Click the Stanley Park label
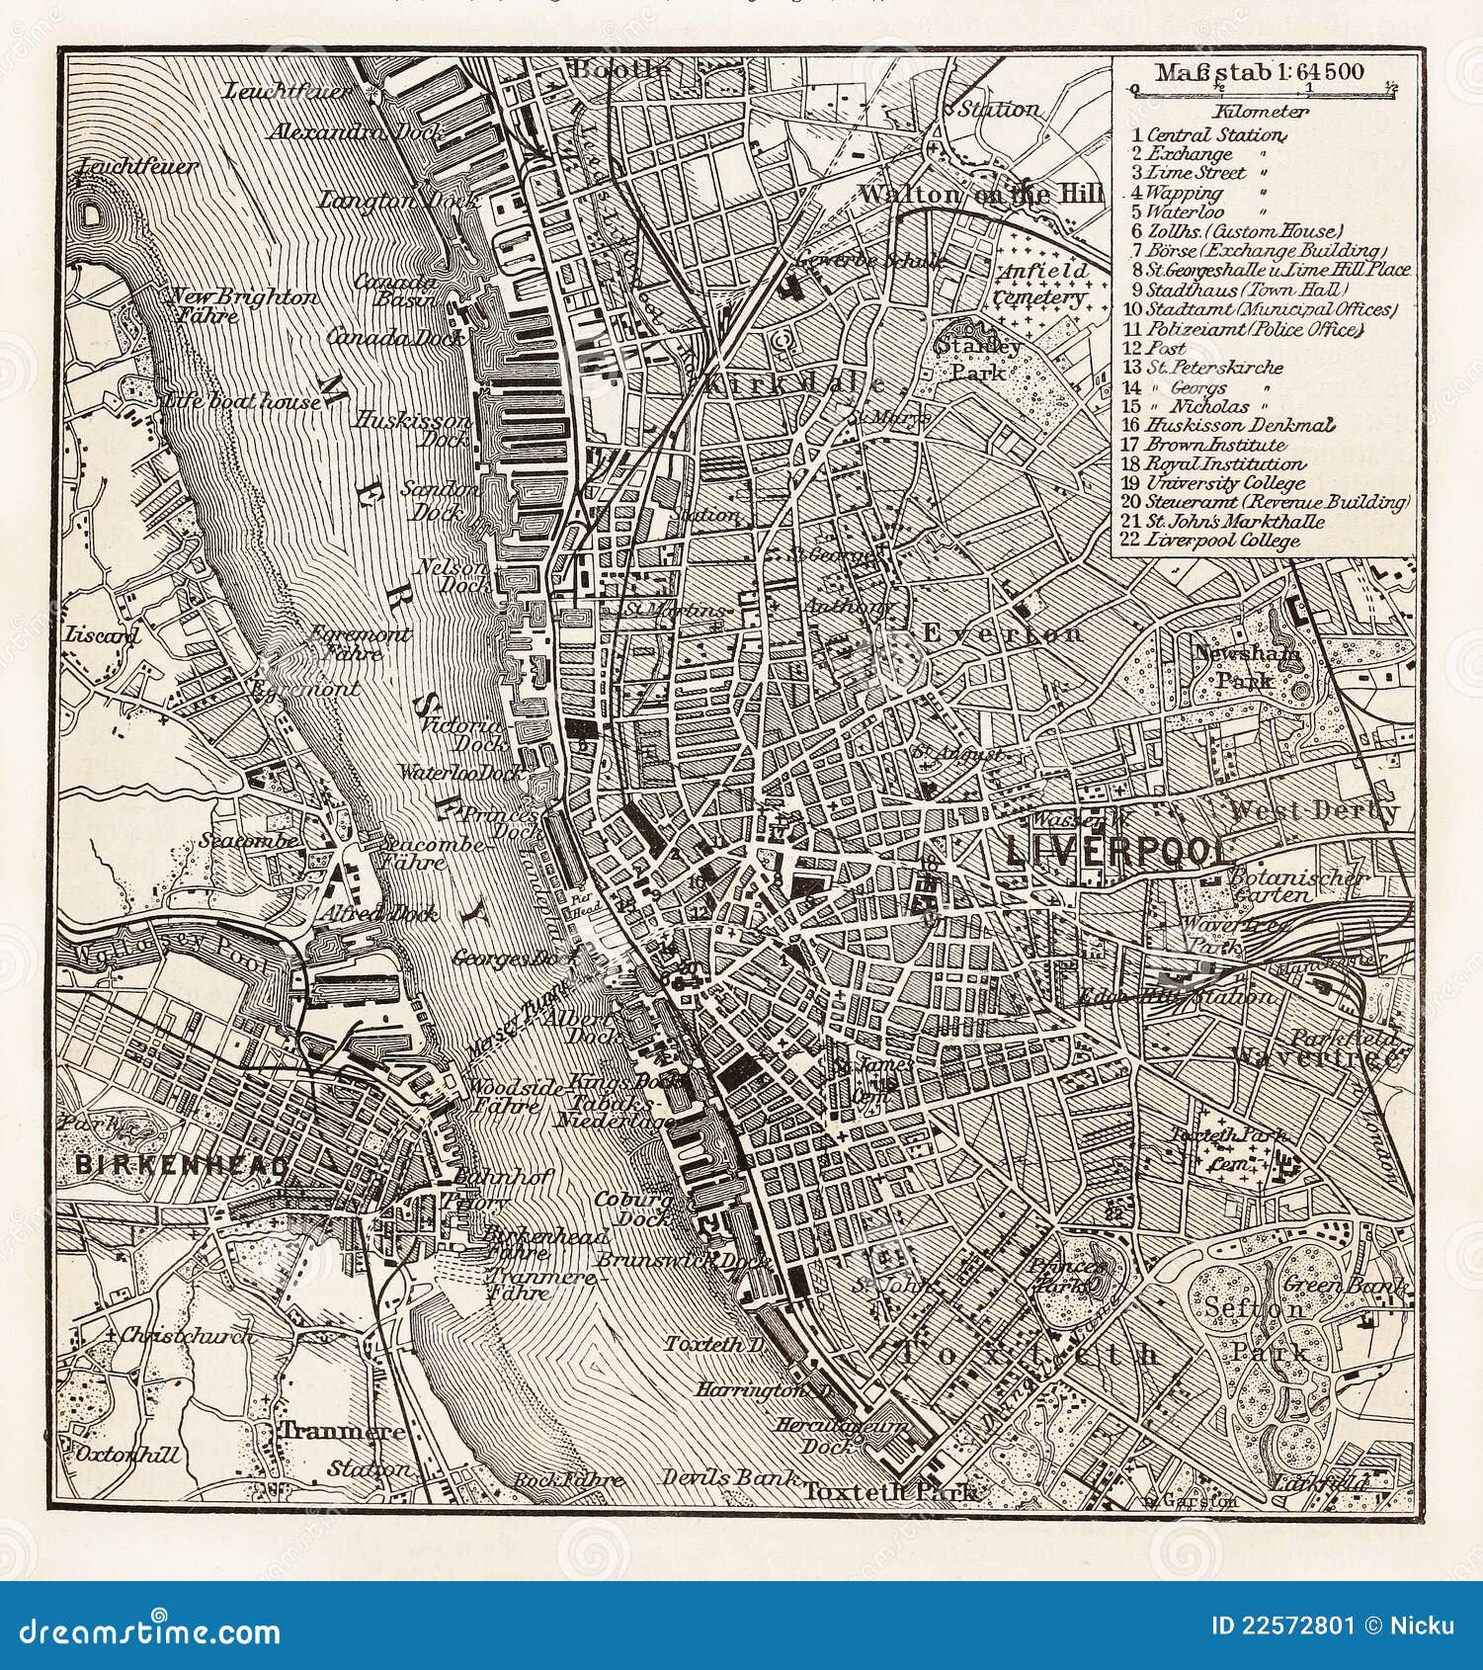pyautogui.click(x=978, y=359)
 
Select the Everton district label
pyautogui.click(x=1002, y=632)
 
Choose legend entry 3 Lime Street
pyautogui.click(x=1196, y=173)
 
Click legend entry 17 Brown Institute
pyautogui.click(x=1205, y=445)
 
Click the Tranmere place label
pyautogui.click(x=343, y=1431)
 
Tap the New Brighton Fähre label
pyautogui.click(x=242, y=305)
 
